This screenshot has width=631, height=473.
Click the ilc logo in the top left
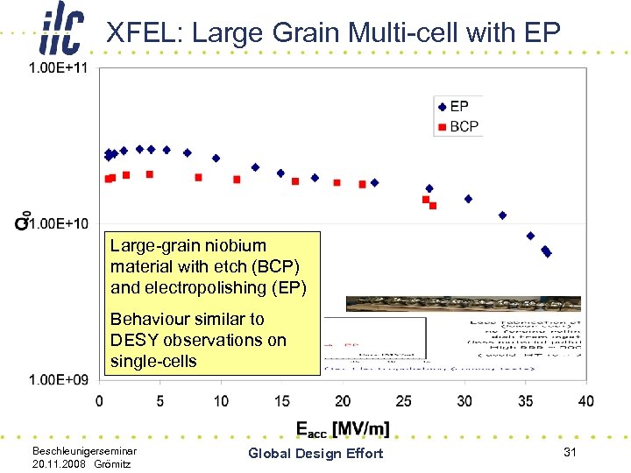point(62,32)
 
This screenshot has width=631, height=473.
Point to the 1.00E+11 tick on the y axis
point(59,69)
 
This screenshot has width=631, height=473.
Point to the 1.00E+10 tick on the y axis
point(59,224)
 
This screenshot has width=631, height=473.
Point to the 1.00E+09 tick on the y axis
point(59,379)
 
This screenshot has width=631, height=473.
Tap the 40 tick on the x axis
point(585,401)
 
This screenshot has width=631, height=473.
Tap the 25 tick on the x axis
point(403,401)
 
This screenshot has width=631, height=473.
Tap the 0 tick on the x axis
point(99,401)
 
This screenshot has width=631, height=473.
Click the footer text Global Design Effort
point(315,453)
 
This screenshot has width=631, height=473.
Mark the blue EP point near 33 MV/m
point(502,215)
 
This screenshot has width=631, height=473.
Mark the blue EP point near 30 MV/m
point(468,199)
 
